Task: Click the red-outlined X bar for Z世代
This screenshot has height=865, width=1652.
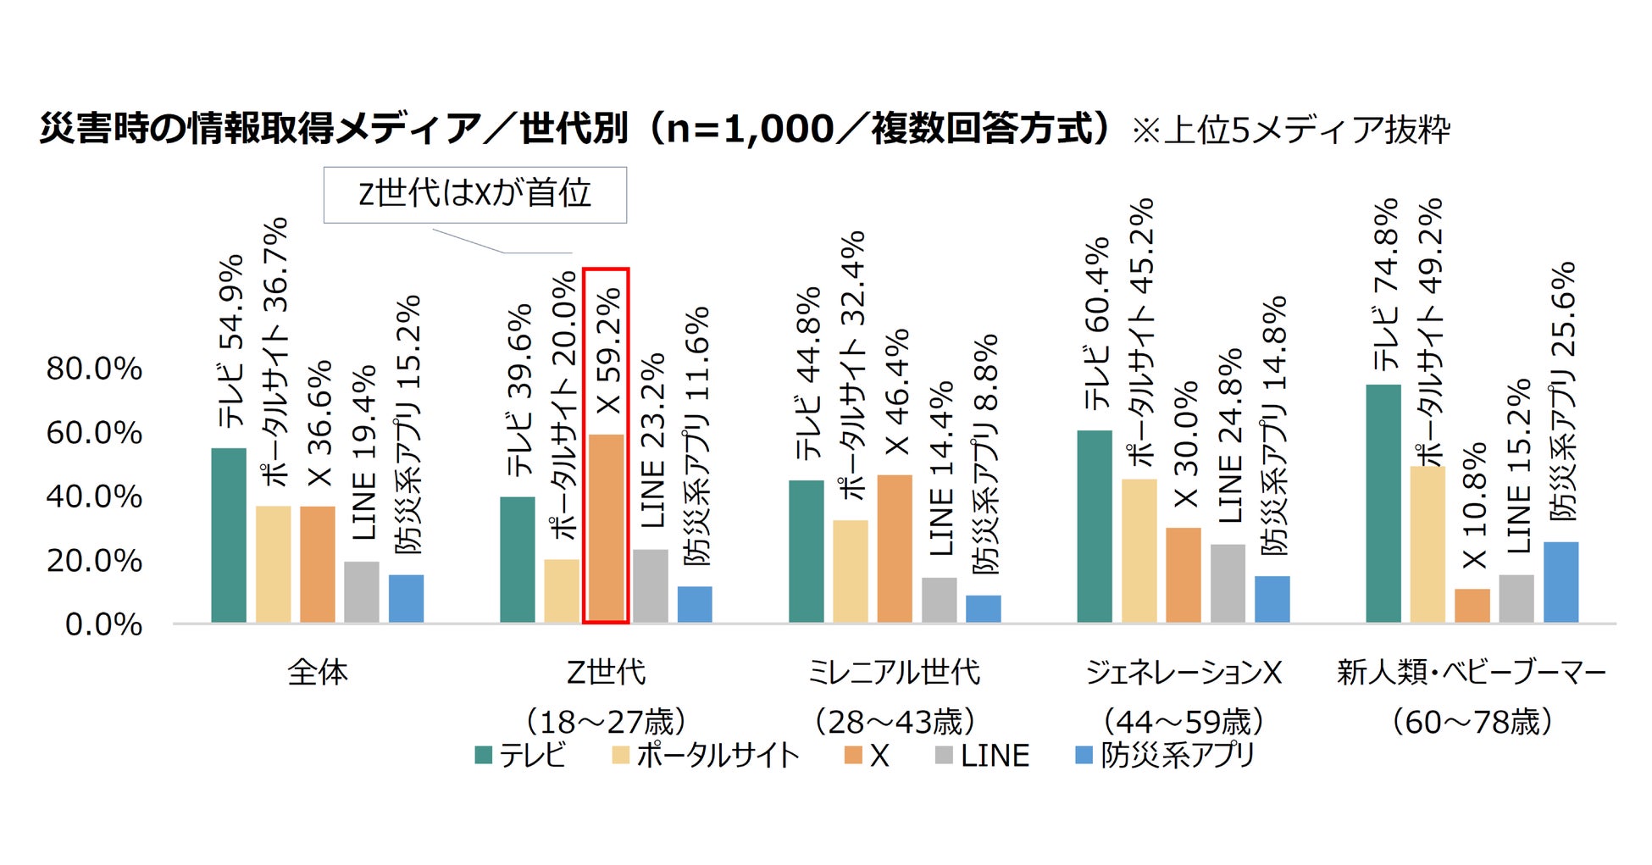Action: point(606,529)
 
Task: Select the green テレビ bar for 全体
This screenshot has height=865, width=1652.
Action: point(229,535)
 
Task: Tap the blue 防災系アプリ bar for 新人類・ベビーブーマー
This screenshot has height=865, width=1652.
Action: point(1561,582)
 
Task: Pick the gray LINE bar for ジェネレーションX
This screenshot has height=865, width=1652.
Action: point(1228,583)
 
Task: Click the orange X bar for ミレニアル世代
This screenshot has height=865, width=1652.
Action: point(895,548)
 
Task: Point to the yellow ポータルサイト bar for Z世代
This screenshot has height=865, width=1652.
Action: point(562,591)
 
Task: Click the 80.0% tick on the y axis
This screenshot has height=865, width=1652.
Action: point(94,369)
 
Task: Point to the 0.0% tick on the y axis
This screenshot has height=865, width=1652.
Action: point(103,624)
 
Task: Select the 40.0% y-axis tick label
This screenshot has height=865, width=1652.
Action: point(94,496)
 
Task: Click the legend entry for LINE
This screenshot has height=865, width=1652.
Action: point(983,755)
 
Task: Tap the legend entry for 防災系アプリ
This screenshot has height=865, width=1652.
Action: point(1165,755)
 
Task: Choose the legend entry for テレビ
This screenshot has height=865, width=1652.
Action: point(520,755)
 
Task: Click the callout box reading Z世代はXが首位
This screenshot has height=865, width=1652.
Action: point(474,194)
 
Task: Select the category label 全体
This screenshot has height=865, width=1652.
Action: point(318,672)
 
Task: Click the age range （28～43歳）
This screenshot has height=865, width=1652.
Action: point(895,722)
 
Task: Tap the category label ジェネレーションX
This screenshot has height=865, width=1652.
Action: point(1184,672)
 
